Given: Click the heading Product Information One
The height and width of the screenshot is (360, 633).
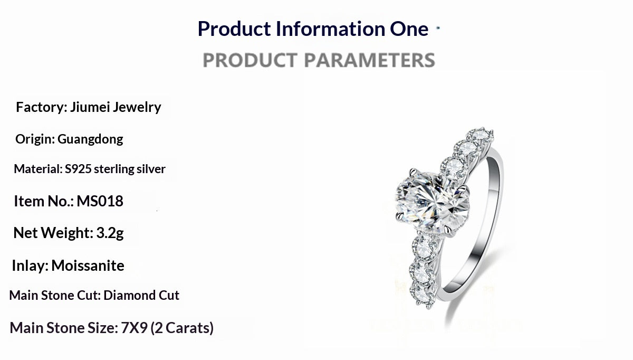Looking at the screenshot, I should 313,29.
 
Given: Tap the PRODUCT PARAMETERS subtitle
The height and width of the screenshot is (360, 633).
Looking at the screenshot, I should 319,60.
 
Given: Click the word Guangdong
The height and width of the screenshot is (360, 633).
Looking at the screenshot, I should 90,139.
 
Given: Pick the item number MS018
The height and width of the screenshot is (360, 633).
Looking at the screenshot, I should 100,201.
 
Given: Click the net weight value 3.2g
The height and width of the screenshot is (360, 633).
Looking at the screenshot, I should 110,233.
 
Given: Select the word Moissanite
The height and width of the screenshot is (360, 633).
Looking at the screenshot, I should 88,266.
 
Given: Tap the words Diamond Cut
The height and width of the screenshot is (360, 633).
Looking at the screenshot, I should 141,295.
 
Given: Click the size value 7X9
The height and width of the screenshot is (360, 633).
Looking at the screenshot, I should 134,328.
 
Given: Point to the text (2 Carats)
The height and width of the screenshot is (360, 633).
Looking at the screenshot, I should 182,328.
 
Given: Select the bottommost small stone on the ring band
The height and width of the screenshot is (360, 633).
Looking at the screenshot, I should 420,293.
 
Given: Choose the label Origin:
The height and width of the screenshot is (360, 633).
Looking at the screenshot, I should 35,139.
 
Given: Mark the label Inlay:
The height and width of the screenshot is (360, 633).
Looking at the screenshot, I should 30,266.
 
